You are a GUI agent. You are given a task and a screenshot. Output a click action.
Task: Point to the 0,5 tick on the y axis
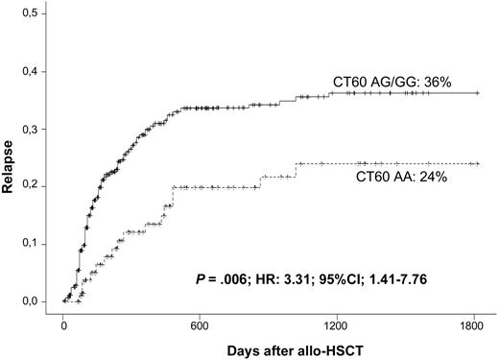pyautogui.click(x=32, y=14)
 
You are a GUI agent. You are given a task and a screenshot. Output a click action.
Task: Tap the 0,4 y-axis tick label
pyautogui.click(x=32, y=72)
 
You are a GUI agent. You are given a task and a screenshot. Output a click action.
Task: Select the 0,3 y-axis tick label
pyautogui.click(x=32, y=130)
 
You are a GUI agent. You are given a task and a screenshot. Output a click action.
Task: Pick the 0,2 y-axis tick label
pyautogui.click(x=32, y=186)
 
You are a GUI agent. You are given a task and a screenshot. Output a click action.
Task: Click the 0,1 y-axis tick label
pyautogui.click(x=32, y=244)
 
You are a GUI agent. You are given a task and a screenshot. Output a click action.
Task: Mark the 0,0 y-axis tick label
pyautogui.click(x=32, y=301)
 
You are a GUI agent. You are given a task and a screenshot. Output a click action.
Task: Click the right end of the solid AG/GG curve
pyautogui.click(x=478, y=93)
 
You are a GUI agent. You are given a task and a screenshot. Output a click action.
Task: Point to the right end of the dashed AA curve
pyautogui.click(x=478, y=163)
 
